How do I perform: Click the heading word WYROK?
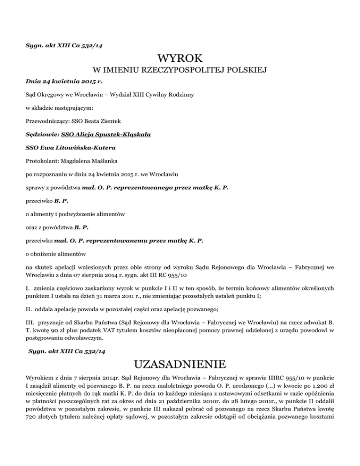coord(180,59)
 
